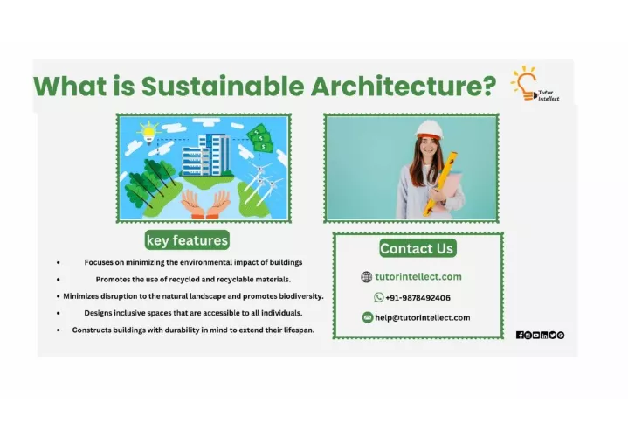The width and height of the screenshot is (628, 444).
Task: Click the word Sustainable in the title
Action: pyautogui.click(x=223, y=86)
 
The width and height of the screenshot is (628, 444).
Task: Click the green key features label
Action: pyautogui.click(x=187, y=240)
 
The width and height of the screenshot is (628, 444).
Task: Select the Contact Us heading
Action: pyautogui.click(x=418, y=248)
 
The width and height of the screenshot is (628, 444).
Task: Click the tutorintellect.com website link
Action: pyautogui.click(x=418, y=276)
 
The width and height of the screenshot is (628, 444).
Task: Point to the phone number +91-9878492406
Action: pyautogui.click(x=418, y=298)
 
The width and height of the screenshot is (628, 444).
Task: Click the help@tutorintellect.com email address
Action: pyautogui.click(x=423, y=317)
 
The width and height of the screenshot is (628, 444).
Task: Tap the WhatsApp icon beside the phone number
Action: pyautogui.click(x=378, y=297)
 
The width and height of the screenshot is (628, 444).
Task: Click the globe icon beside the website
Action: pyautogui.click(x=367, y=277)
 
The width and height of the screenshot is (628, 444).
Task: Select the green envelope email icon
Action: pyautogui.click(x=367, y=317)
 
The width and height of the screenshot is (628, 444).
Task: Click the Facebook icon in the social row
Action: pyautogui.click(x=520, y=335)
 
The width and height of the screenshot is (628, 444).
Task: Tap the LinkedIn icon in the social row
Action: pyautogui.click(x=544, y=335)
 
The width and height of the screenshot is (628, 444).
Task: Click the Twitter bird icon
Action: pyautogui.click(x=552, y=335)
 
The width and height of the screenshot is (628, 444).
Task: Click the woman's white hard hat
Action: pyautogui.click(x=430, y=130)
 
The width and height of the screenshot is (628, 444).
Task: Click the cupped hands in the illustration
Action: pyautogui.click(x=206, y=204)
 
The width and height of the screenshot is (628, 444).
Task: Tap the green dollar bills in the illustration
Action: pyautogui.click(x=260, y=138)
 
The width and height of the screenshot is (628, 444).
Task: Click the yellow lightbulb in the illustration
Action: pyautogui.click(x=149, y=133)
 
